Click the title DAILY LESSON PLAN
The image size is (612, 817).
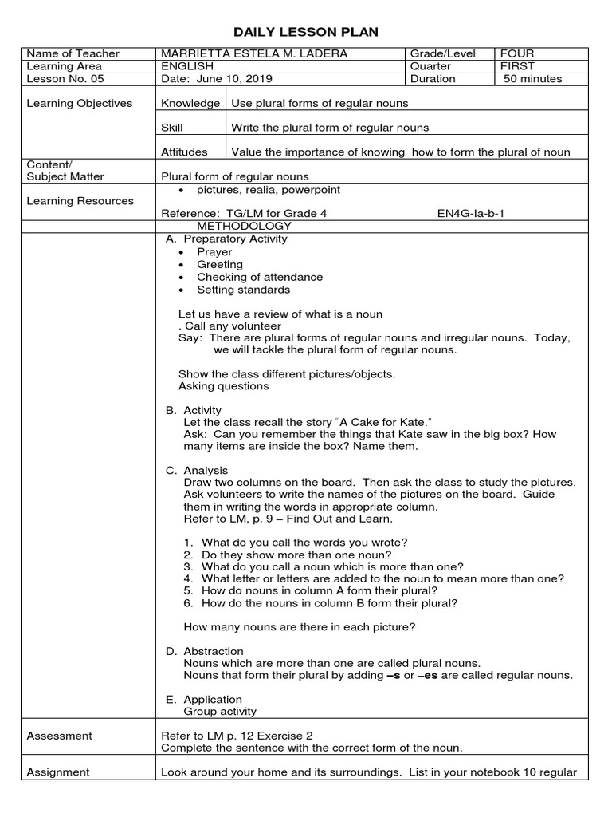305,32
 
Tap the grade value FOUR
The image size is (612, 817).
516,53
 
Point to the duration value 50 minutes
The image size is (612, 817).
532,79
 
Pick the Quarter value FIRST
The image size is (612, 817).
517,66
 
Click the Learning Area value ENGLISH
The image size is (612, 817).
187,66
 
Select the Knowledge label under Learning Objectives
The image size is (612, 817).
190,103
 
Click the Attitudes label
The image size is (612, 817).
184,152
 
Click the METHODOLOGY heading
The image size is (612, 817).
239,226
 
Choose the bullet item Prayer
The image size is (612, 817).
214,251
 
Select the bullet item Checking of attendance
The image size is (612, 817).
260,277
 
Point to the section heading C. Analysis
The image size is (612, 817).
197,470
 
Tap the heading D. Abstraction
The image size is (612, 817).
205,651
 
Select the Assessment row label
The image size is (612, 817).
59,736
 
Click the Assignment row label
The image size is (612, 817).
58,772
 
